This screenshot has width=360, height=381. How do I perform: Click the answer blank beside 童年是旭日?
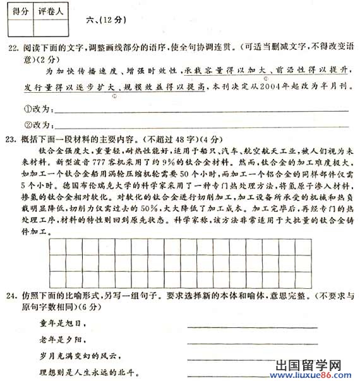click(x=253, y=327)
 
